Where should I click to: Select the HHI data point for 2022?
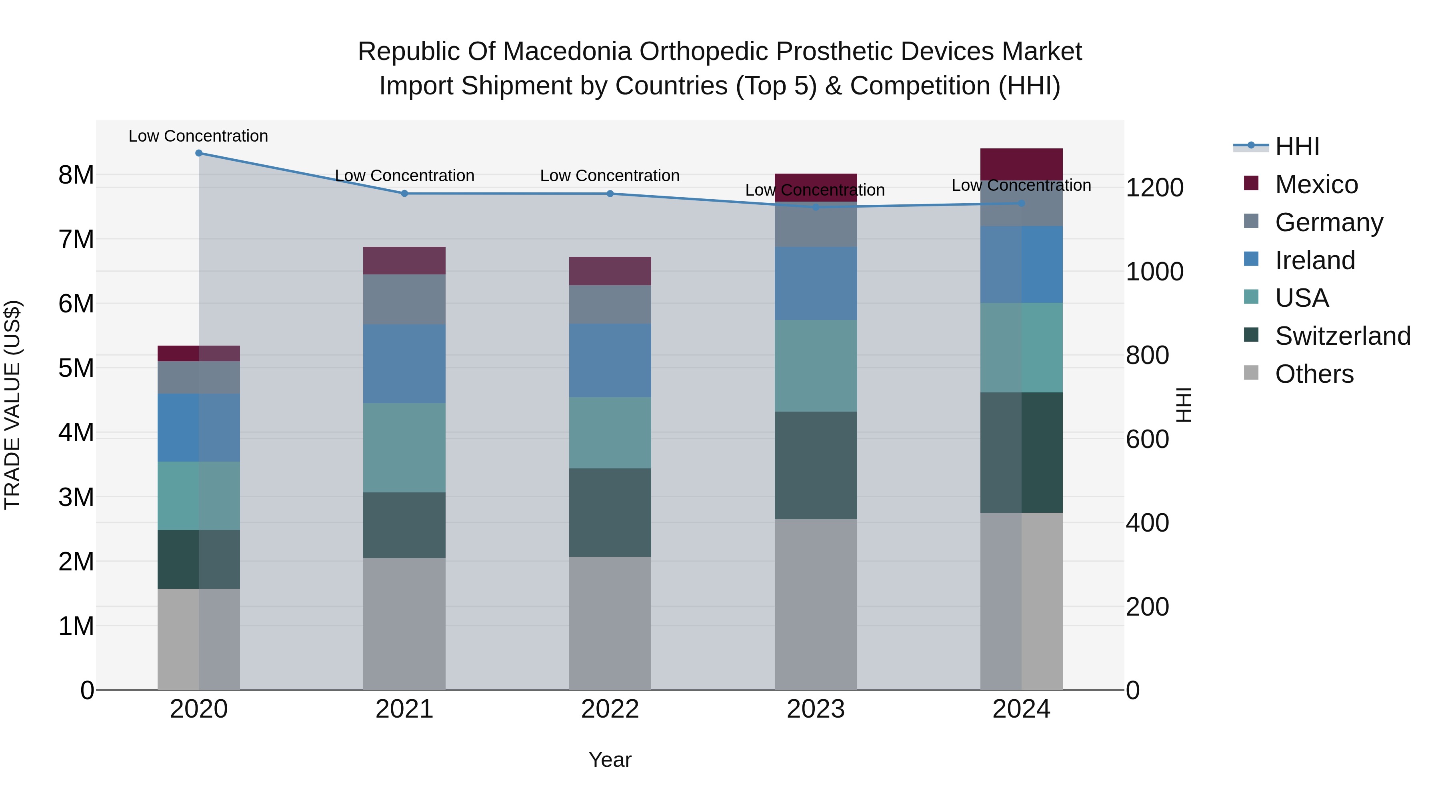(610, 194)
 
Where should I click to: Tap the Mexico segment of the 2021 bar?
(404, 260)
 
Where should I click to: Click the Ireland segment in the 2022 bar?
(610, 360)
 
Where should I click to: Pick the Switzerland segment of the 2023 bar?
(816, 465)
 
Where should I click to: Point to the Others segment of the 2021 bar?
(404, 623)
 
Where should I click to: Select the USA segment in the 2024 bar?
(1021, 348)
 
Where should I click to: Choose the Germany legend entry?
(1328, 222)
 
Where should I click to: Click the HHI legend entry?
(1297, 146)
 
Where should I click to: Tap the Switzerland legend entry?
(1342, 336)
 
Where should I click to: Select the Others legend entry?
(1314, 374)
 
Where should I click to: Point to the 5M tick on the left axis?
(76, 368)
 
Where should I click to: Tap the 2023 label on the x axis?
(816, 709)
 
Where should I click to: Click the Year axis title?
(610, 760)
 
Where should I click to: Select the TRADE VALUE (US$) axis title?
(12, 405)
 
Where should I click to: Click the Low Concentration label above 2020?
(198, 136)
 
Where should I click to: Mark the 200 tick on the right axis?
(1147, 606)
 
